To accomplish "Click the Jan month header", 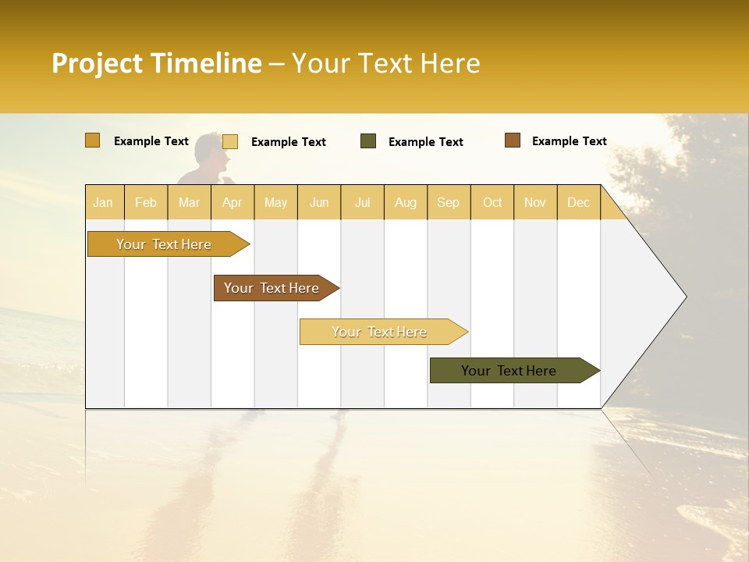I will coord(103,202).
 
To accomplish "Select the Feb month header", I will coord(146,202).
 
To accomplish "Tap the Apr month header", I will coord(232,202).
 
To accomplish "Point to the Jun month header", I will coord(319,202).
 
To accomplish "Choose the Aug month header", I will coord(405,202).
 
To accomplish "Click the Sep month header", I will coord(448,202).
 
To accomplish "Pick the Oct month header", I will coord(492,202).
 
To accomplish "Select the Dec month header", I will coord(578,202).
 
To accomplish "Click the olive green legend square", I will coord(368,141).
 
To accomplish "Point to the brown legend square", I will coord(513,140).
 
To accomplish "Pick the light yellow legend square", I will coord(230,141).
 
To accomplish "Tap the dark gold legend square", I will coord(93,140).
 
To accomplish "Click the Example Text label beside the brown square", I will coord(569,141).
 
